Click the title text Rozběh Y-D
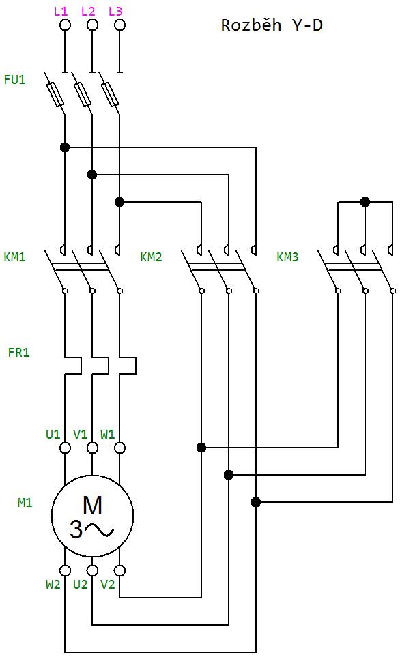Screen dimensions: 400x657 pyautogui.click(x=272, y=25)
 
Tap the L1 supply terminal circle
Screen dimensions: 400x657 pyautogui.click(x=65, y=25)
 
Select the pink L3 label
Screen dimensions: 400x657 pyautogui.click(x=115, y=11)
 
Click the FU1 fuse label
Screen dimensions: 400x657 pyautogui.click(x=14, y=79)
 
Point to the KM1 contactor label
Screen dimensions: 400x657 pyautogui.click(x=14, y=257)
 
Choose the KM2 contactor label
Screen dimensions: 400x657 pyautogui.click(x=151, y=257)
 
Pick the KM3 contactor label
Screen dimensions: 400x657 pyautogui.click(x=287, y=257)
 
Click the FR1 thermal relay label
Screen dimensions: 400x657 pyautogui.click(x=19, y=352)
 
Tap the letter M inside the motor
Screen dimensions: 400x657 pyautogui.click(x=92, y=505)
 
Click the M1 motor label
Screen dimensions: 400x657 pyautogui.click(x=25, y=502)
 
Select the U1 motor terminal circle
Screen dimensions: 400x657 pyautogui.click(x=65, y=448)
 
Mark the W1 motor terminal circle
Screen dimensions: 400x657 pyautogui.click(x=119, y=448)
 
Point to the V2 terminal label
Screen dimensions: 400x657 pyautogui.click(x=107, y=584)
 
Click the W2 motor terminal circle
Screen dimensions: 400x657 pyautogui.click(x=65, y=570)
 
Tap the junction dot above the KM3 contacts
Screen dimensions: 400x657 pyautogui.click(x=365, y=202)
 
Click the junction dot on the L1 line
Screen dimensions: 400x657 pyautogui.click(x=65, y=147)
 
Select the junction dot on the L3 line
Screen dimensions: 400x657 pyautogui.click(x=119, y=202)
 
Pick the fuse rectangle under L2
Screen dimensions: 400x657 pyautogui.click(x=83, y=94)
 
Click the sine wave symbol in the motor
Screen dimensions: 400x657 pyautogui.click(x=100, y=530)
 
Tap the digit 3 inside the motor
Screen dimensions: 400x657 pyautogui.click(x=76, y=529)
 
